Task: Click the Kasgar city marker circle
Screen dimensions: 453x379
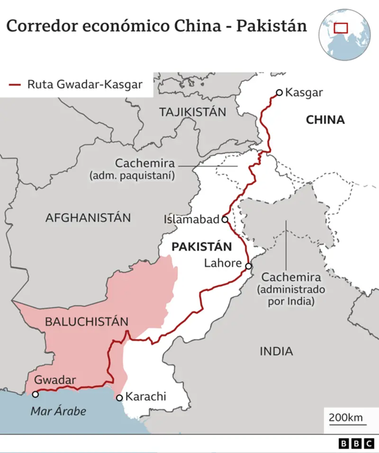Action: (x=279, y=92)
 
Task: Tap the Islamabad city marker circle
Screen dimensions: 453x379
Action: (x=225, y=218)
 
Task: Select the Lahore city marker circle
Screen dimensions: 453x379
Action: (x=248, y=266)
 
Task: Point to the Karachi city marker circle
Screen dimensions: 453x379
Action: (x=119, y=397)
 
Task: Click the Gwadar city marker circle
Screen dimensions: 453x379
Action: (x=35, y=394)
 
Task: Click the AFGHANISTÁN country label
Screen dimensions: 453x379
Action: (x=88, y=218)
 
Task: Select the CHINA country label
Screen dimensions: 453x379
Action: (x=325, y=121)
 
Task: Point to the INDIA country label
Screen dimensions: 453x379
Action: (x=276, y=350)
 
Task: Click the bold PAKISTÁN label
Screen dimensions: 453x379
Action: (x=201, y=247)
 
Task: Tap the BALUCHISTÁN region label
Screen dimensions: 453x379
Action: (x=87, y=322)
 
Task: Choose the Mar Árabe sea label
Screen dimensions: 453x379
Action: (x=58, y=411)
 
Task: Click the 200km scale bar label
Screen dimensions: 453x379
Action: (x=345, y=418)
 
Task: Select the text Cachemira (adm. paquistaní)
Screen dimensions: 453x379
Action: (x=145, y=169)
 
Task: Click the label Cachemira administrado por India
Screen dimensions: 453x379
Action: (x=292, y=289)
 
